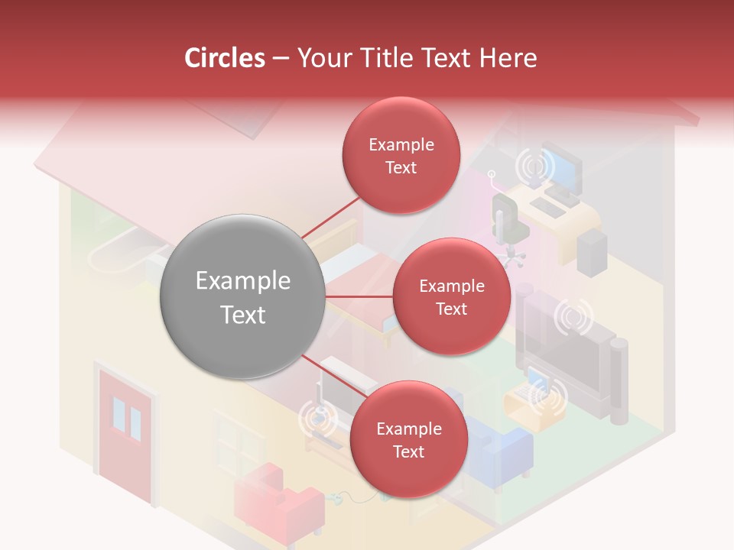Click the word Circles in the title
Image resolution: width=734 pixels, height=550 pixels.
(x=225, y=58)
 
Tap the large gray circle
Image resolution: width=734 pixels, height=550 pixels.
(x=242, y=297)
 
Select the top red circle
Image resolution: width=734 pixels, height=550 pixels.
(x=401, y=156)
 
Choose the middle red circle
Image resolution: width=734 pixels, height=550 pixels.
(x=451, y=296)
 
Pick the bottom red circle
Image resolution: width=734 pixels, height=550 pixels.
(x=408, y=440)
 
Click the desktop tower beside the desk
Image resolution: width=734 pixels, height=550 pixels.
(x=592, y=252)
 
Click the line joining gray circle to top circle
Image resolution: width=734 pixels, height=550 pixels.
(x=331, y=218)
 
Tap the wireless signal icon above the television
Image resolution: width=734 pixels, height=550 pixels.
(x=573, y=317)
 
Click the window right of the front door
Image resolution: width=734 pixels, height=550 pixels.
(x=238, y=443)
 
